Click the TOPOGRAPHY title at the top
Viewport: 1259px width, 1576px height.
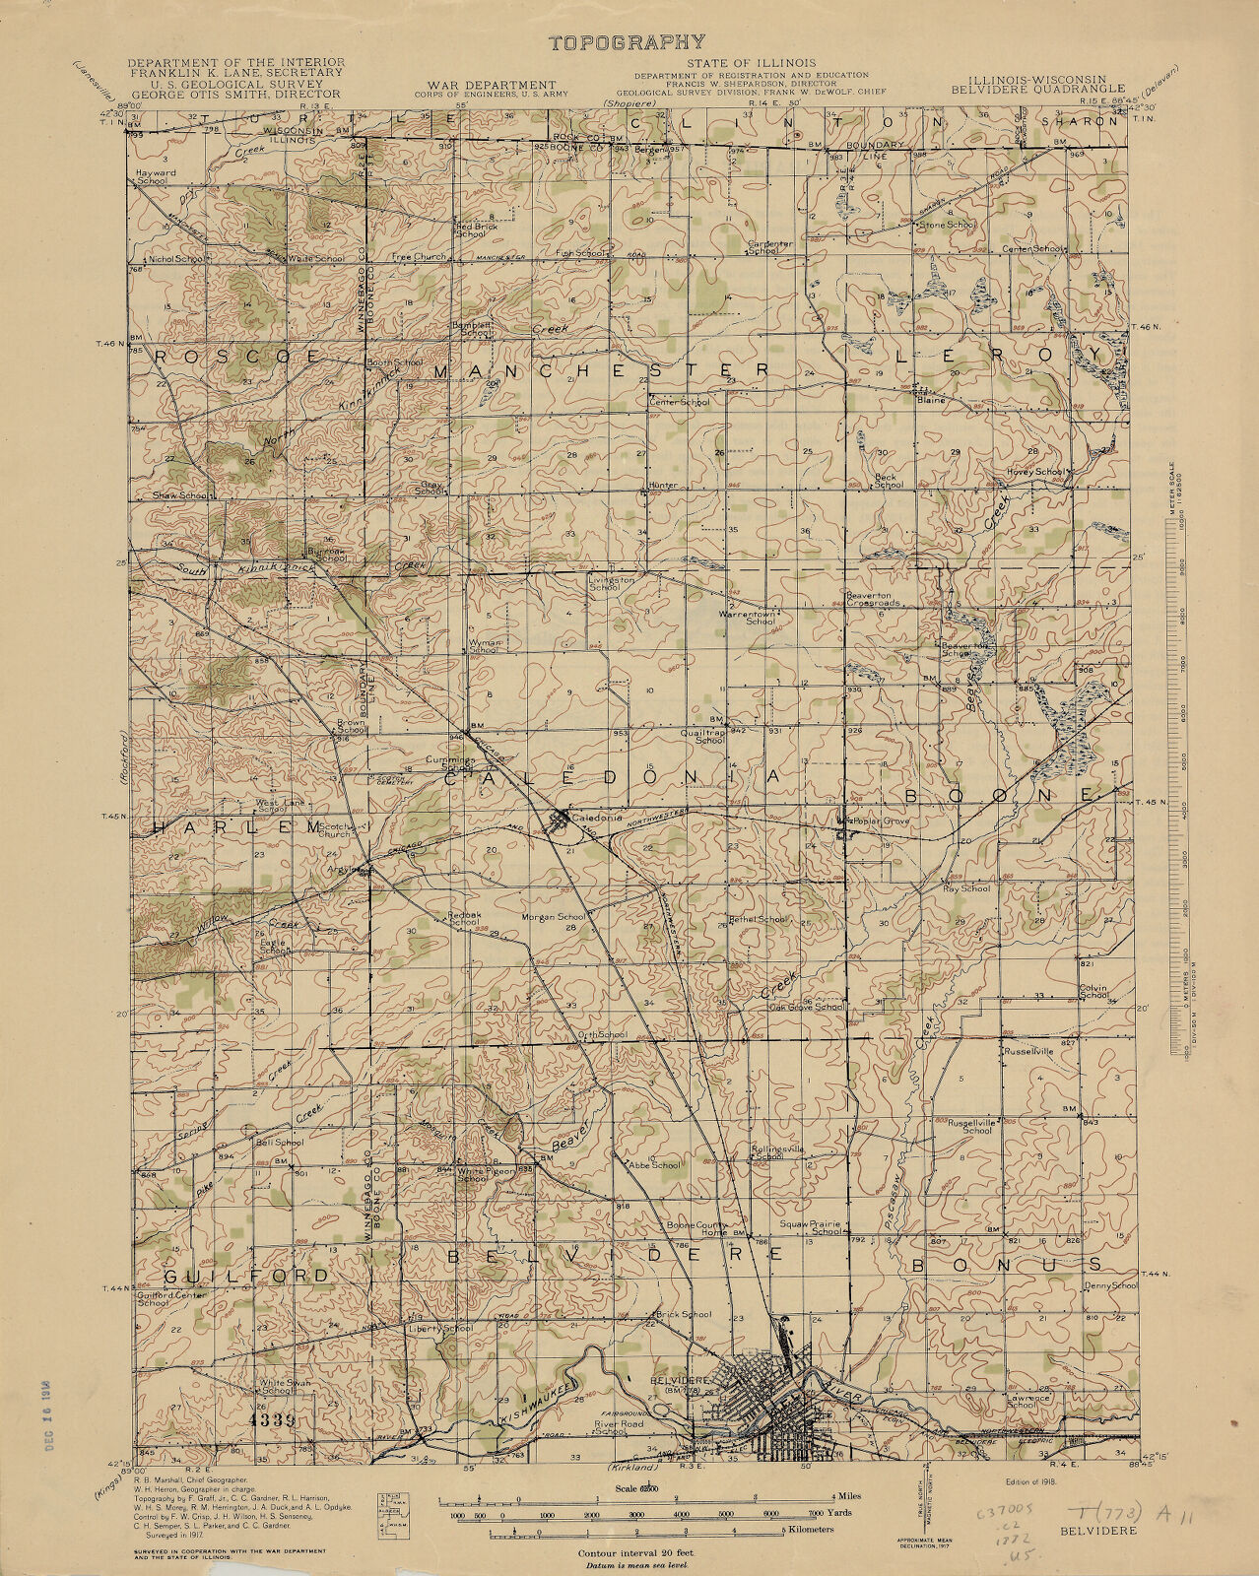pos(627,41)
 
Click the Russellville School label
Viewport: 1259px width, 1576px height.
pos(975,1126)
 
